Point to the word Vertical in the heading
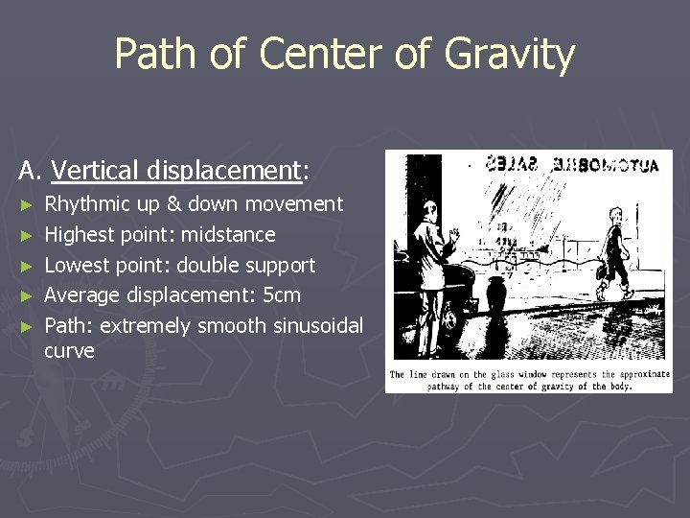tap(94, 172)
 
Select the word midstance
tap(230, 235)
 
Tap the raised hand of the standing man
tap(454, 234)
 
